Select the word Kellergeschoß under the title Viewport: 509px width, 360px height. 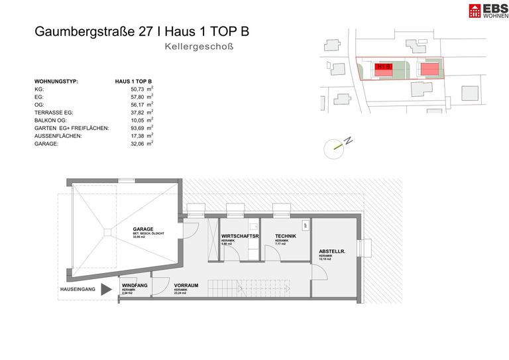click(199, 48)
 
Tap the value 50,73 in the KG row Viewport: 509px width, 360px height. click(138, 89)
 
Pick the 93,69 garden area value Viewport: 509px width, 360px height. click(138, 127)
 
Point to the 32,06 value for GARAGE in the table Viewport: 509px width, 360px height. click(138, 143)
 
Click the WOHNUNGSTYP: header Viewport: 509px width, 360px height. click(56, 81)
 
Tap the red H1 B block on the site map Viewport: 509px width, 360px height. click(384, 68)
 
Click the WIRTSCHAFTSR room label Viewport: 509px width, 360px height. click(240, 236)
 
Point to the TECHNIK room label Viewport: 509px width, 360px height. click(286, 236)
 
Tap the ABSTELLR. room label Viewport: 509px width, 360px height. click(331, 251)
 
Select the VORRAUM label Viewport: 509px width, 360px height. click(187, 286)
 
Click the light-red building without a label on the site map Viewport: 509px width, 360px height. click(429, 69)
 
